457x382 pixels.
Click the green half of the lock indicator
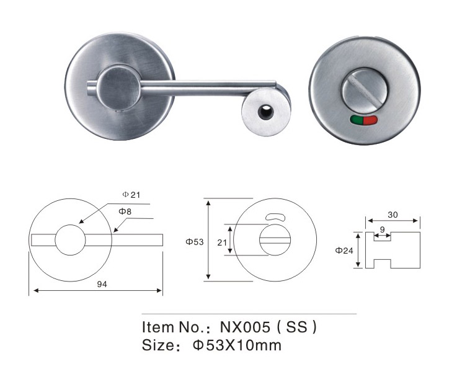(356, 120)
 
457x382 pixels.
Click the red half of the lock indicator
(370, 120)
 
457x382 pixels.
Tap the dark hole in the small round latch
(265, 112)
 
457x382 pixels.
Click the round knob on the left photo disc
(119, 87)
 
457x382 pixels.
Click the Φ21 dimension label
(131, 195)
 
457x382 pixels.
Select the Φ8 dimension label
(125, 211)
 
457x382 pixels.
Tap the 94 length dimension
(102, 284)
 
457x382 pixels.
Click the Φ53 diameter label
(195, 242)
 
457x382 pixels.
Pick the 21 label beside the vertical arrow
(222, 242)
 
